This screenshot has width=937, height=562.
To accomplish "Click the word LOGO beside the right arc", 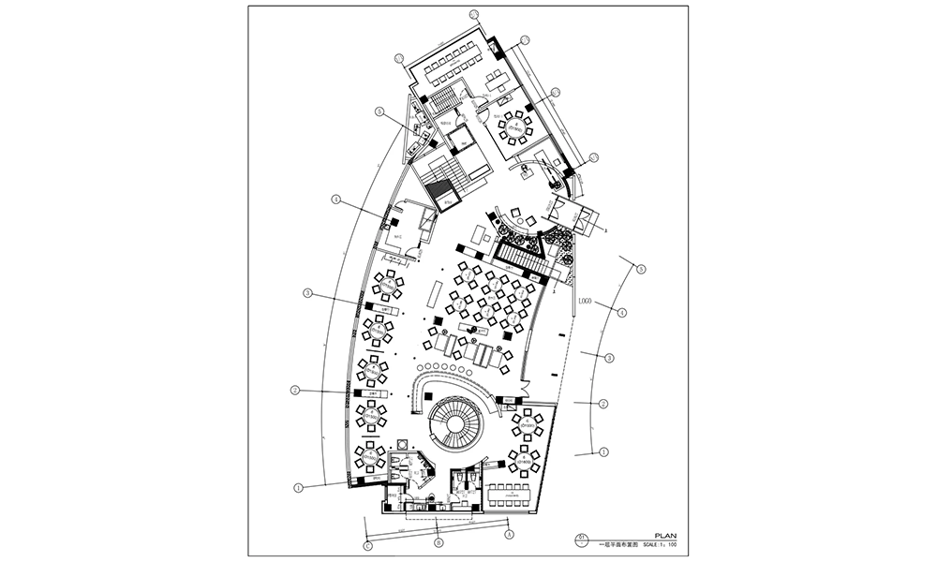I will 588,303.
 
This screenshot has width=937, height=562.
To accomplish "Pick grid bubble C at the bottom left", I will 367,545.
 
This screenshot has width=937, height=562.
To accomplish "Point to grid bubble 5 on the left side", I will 379,111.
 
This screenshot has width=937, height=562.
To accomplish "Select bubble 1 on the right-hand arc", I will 604,451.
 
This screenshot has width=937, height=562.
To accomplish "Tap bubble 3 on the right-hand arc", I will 609,359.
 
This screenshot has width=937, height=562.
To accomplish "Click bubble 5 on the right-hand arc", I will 642,269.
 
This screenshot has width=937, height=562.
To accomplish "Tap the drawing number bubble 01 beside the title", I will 583,537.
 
